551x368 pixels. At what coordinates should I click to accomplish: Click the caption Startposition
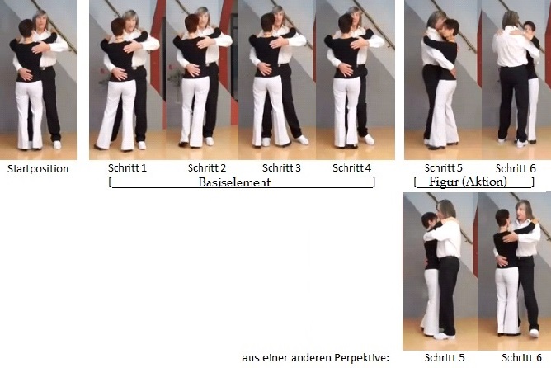[38, 169]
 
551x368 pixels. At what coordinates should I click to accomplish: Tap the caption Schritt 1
[127, 168]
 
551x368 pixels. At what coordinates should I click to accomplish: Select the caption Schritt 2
[207, 168]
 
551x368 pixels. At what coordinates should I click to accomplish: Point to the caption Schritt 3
[281, 168]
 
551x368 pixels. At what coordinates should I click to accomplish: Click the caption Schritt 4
[351, 168]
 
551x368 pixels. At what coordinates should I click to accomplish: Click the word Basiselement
[235, 182]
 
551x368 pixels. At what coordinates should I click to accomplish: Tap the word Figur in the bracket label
[444, 182]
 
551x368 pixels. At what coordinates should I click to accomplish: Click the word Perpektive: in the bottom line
[362, 358]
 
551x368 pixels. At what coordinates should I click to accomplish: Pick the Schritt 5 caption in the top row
[444, 168]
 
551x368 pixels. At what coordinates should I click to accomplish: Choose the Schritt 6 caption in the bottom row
[521, 358]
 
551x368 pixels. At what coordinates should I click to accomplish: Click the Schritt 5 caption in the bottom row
[445, 358]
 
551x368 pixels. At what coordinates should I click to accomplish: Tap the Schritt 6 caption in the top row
[516, 168]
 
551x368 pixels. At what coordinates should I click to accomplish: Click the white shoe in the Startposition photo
[57, 144]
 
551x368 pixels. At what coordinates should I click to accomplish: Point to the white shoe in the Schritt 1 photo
[142, 145]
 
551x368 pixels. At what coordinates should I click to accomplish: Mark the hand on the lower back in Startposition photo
[26, 74]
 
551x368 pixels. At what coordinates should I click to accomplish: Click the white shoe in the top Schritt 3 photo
[302, 140]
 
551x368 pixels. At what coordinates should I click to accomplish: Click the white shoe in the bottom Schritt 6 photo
[534, 333]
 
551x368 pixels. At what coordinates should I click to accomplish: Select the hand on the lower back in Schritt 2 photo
[193, 69]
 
